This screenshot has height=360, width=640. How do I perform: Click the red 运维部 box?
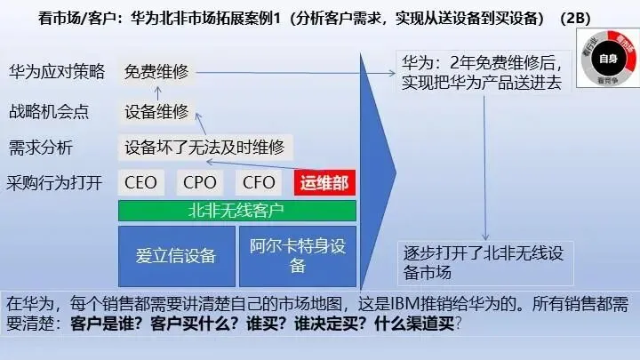pos(324,183)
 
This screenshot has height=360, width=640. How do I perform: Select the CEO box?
pos(141,183)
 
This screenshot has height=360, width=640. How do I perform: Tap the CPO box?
pos(200,183)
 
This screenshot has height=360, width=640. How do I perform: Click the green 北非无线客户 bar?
pos(236,211)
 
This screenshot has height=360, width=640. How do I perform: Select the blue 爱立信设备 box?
pos(176,256)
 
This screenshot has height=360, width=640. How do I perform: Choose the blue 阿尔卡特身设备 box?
pos(298,256)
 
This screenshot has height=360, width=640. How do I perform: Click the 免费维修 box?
pos(157,71)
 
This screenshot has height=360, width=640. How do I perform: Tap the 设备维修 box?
pos(157,111)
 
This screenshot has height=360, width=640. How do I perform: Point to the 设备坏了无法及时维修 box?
pos(206,147)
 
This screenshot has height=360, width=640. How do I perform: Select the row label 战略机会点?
pos(49,112)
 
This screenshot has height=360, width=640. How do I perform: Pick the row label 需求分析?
pos(41,148)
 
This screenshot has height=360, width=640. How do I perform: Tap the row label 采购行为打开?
pos(55,184)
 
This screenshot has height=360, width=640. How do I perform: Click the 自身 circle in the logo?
pos(607,60)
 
